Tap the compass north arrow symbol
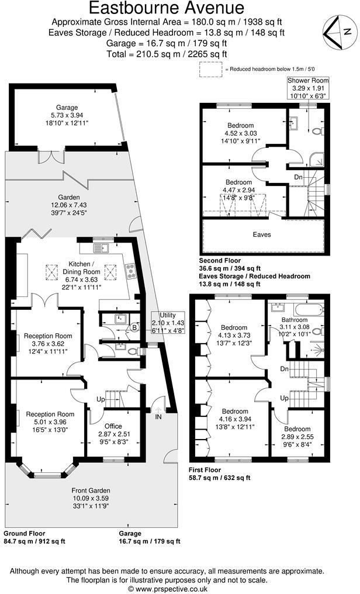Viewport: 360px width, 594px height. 333,33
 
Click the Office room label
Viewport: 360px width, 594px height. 113,426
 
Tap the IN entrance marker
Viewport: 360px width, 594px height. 158,417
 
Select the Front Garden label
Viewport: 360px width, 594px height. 91,490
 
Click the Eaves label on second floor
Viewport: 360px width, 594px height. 262,234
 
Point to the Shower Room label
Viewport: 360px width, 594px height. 307,80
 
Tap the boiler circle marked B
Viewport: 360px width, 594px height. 135,327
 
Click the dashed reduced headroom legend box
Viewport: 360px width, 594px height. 209,69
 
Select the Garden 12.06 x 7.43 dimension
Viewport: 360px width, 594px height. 72,205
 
